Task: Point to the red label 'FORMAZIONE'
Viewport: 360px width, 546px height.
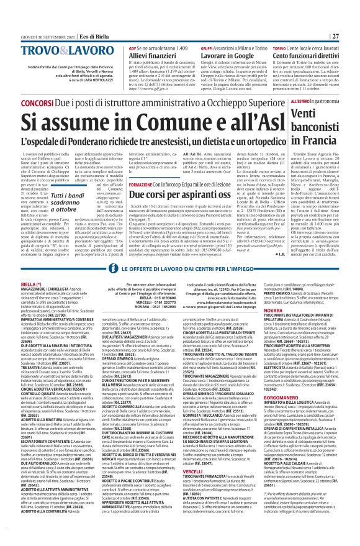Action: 144,168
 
